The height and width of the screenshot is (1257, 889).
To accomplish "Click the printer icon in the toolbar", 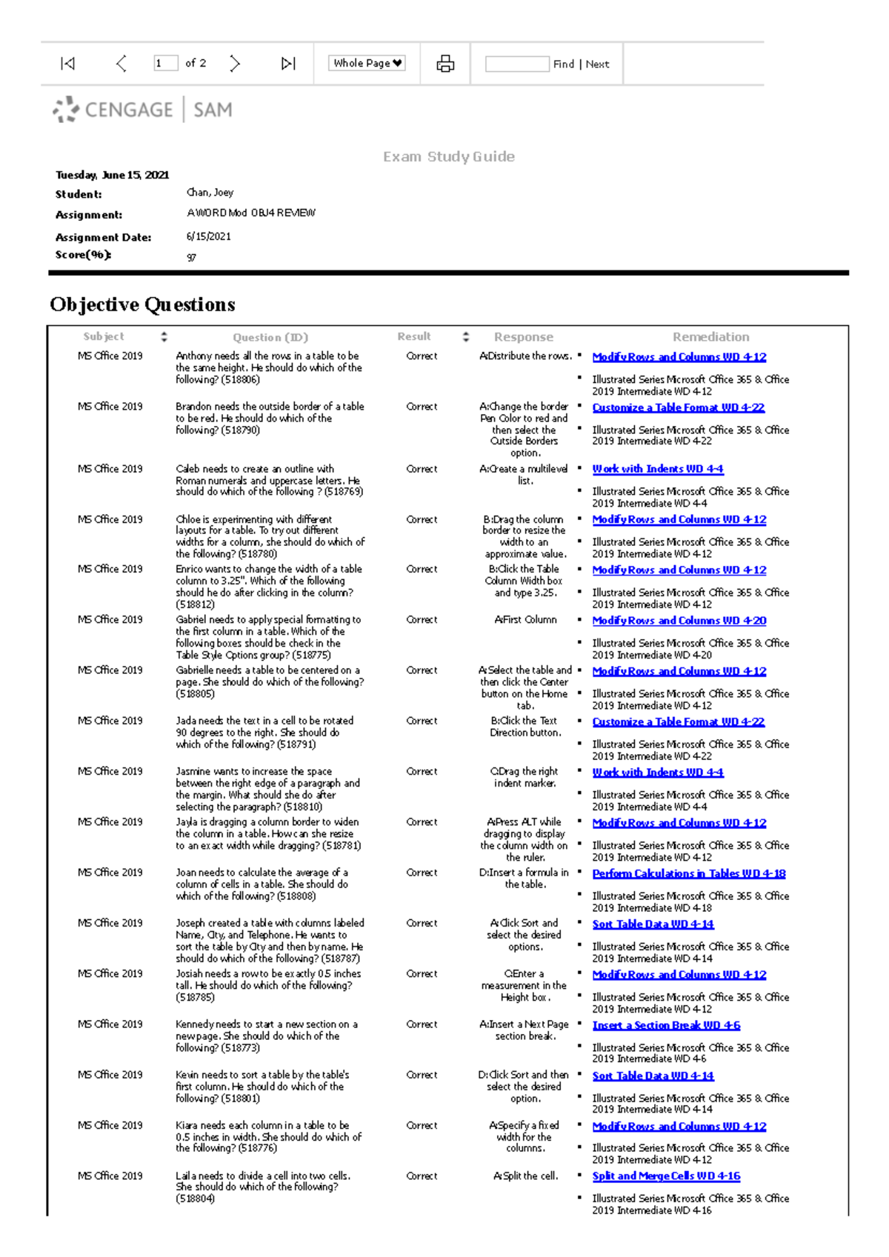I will pos(445,64).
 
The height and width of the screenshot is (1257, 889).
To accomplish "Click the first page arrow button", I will pos(67,64).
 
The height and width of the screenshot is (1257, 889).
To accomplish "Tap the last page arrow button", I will pos(288,64).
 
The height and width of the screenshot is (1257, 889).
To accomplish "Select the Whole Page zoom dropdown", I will pos(367,64).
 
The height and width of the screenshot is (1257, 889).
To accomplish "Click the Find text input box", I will pos(516,64).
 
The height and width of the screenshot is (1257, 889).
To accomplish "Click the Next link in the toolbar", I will pos(597,64).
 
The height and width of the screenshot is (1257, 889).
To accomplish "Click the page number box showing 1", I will pos(165,64).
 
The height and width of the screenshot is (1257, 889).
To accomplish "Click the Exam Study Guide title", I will pos(448,157).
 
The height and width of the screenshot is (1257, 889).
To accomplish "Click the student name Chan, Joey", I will pos(210,193).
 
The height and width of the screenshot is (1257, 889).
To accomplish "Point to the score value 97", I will pos(191,258).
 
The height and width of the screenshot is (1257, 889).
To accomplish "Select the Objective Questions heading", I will pos(142,304).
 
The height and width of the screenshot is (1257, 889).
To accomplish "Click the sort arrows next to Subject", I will pos(164,337).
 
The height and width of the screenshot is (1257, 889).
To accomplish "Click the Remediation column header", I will pos(710,337).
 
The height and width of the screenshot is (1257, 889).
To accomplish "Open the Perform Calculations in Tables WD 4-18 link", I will pos(688,874).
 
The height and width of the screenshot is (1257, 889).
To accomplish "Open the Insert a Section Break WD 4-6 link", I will pos(666,1026).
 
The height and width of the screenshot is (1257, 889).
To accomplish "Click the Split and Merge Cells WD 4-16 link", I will pos(666,1176).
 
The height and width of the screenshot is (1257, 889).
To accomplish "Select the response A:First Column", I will pos(525,620).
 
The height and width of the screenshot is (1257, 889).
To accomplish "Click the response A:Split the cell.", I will pos(525,1176).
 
